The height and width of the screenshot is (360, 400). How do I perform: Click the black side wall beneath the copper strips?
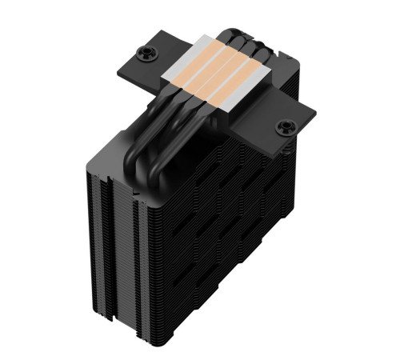[208, 100]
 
